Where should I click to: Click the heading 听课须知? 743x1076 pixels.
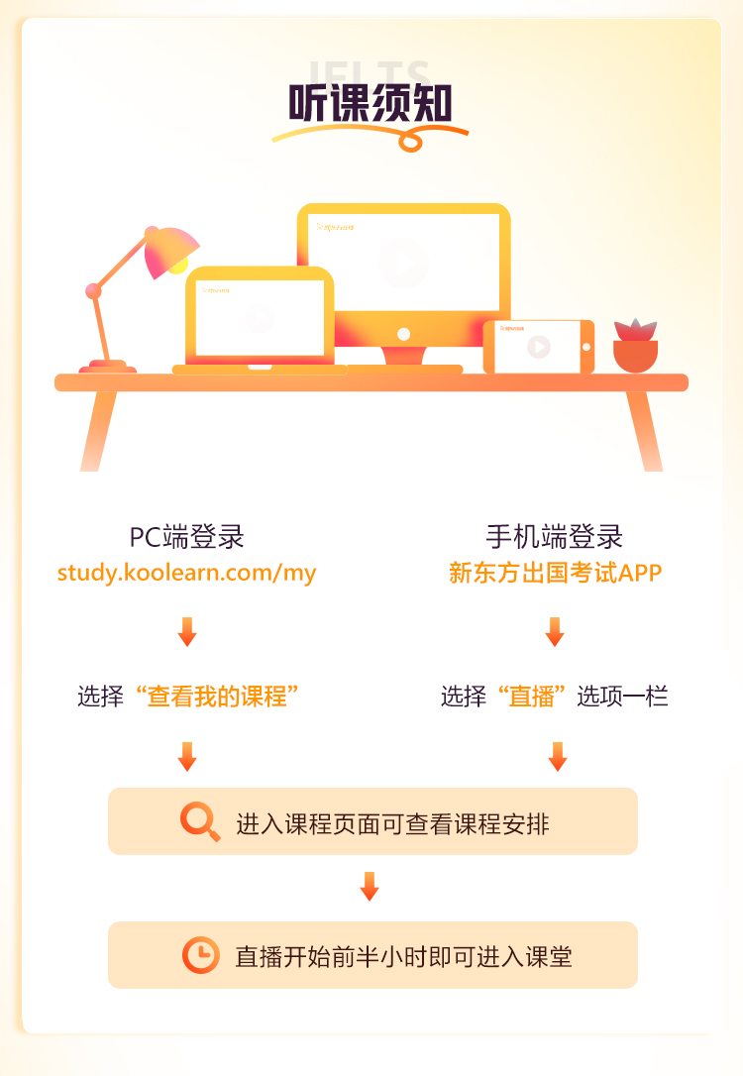pyautogui.click(x=371, y=102)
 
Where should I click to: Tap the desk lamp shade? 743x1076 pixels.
pyautogui.click(x=170, y=251)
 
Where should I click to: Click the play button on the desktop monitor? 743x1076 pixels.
pyautogui.click(x=404, y=264)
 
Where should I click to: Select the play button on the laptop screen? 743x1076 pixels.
pyautogui.click(x=260, y=317)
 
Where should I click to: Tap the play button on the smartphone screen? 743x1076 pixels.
pyautogui.click(x=538, y=347)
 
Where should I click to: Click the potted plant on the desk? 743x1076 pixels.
pyautogui.click(x=635, y=346)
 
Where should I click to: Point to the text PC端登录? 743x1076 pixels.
pyautogui.click(x=186, y=537)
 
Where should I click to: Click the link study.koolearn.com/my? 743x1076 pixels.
pyautogui.click(x=186, y=573)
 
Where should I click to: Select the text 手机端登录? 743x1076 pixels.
pyautogui.click(x=554, y=537)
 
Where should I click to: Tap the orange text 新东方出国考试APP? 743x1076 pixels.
pyautogui.click(x=555, y=573)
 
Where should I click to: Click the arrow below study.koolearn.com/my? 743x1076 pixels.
pyautogui.click(x=187, y=631)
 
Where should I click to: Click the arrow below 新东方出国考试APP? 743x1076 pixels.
pyautogui.click(x=555, y=631)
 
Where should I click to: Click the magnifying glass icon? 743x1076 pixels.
pyautogui.click(x=200, y=822)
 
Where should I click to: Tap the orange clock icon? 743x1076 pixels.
pyautogui.click(x=201, y=955)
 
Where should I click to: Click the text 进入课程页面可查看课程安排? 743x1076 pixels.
pyautogui.click(x=392, y=823)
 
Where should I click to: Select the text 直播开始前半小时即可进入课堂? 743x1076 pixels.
pyautogui.click(x=403, y=956)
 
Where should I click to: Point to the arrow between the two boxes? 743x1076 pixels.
pyautogui.click(x=370, y=886)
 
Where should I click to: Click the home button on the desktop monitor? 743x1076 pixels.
pyautogui.click(x=403, y=334)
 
